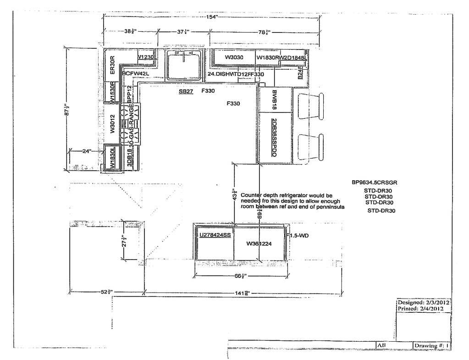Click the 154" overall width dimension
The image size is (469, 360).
211,17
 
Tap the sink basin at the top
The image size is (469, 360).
183,64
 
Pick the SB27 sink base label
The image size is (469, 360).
186,92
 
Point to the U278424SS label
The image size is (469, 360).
214,235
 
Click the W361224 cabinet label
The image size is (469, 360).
259,244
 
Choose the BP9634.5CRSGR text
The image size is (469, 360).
374,182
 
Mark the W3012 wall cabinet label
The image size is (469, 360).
112,124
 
